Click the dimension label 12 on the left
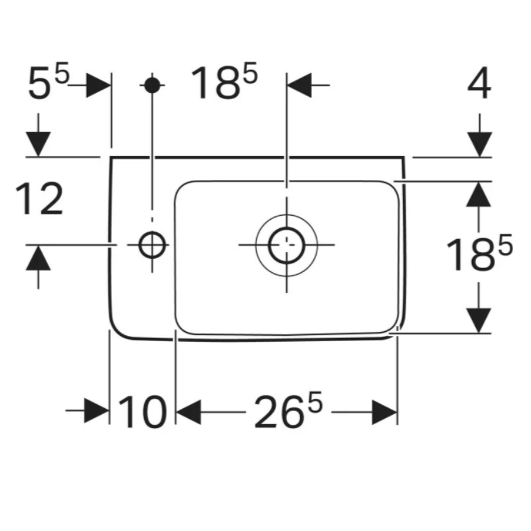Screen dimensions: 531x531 (x=39, y=198)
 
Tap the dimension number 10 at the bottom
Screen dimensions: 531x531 (x=143, y=412)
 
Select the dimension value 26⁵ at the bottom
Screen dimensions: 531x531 (x=288, y=410)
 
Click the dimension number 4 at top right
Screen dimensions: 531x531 (x=479, y=83)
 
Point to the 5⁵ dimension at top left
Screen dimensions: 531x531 (x=48, y=81)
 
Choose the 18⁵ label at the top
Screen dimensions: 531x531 (x=224, y=81)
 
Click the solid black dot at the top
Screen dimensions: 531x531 (x=152, y=85)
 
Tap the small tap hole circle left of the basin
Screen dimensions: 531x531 (x=152, y=244)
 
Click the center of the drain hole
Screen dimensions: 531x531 (x=287, y=245)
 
